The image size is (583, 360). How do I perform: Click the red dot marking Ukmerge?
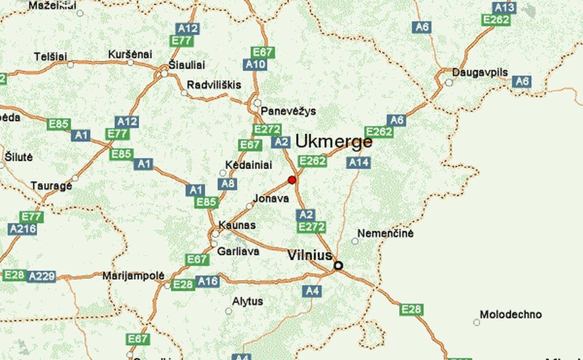click(x=292, y=179)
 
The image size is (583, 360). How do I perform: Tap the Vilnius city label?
click(x=310, y=256)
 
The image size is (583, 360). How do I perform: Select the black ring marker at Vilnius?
click(x=338, y=265)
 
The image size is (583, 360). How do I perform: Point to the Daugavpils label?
click(x=480, y=72)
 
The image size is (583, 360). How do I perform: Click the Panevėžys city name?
click(x=288, y=111)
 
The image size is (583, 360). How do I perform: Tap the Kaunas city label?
click(x=237, y=225)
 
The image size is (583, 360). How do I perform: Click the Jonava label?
click(x=271, y=198)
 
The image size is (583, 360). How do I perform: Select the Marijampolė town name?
click(x=133, y=275)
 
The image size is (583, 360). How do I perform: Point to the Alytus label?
click(x=247, y=301)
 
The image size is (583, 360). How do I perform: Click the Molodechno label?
click(x=510, y=315)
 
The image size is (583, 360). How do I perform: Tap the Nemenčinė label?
click(x=386, y=233)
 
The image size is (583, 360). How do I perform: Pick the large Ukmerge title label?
click(x=334, y=142)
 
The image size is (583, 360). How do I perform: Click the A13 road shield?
click(x=504, y=8)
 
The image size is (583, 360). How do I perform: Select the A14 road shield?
click(x=358, y=163)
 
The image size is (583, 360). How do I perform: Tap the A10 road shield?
click(x=255, y=64)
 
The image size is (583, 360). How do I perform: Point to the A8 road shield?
click(x=227, y=184)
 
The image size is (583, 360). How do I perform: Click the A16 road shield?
click(x=208, y=281)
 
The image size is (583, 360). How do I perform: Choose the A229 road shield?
click(x=41, y=276)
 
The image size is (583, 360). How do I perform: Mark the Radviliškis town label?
click(x=214, y=85)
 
